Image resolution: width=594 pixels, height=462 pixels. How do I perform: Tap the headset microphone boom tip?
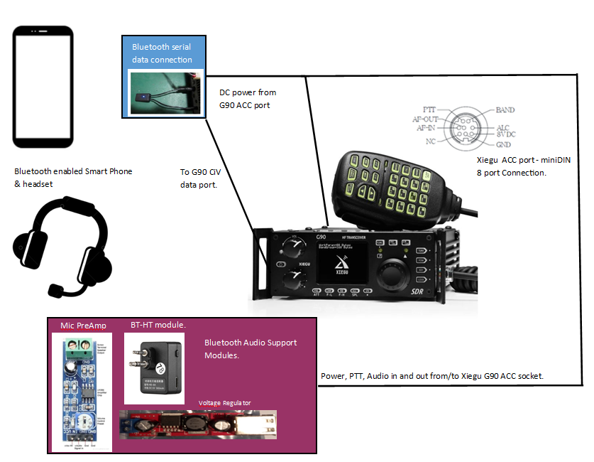point(54,291)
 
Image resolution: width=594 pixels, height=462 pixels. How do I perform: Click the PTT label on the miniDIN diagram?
point(429,110)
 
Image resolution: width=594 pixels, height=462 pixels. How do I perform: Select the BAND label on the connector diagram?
point(505,110)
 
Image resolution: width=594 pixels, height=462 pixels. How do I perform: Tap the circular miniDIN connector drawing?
point(466,127)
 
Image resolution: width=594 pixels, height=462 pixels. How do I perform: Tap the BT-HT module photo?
point(155,368)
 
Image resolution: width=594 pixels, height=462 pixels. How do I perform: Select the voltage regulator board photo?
point(198,424)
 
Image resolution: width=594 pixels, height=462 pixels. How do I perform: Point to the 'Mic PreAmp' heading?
point(83,326)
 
